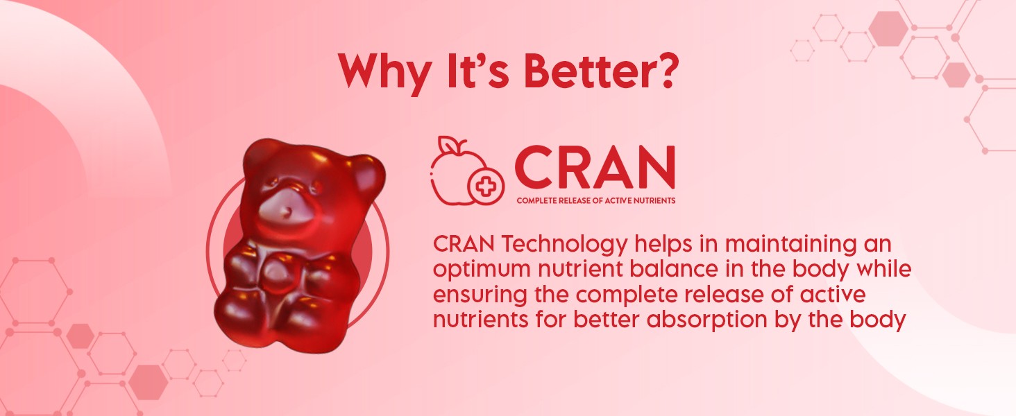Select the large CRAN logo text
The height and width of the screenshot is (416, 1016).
(x=595, y=167)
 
